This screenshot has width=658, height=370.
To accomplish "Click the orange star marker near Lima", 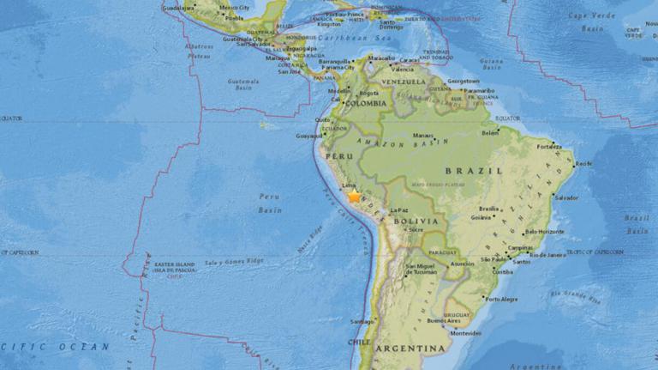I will [354, 197].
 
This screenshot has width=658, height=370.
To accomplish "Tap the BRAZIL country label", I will [483, 171].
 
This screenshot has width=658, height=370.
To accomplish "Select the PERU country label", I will [340, 156].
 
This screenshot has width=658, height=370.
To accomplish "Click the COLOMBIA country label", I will [368, 103].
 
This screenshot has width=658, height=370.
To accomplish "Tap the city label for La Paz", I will [398, 209].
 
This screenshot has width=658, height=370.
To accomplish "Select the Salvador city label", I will [565, 197].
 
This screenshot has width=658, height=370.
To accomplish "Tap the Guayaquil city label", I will [310, 135].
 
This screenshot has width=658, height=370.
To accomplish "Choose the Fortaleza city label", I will [549, 146].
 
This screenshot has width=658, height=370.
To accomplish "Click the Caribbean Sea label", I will [347, 39].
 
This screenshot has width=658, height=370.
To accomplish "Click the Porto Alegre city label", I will [501, 299].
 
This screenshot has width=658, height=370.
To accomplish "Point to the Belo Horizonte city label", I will [544, 232].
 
